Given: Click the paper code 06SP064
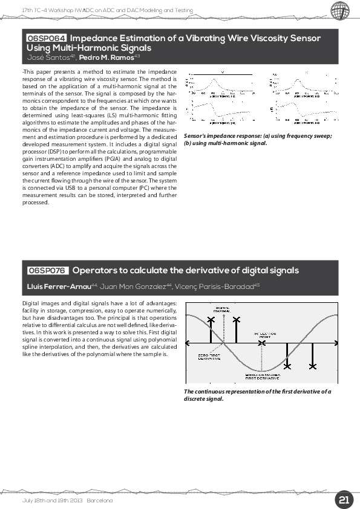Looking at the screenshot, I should tap(46, 38).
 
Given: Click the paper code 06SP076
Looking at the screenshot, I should tap(48, 270).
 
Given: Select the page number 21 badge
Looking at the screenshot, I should tap(344, 500).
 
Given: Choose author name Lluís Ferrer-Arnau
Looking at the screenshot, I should tap(59, 286).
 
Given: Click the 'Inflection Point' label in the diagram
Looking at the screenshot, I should tap(264, 334).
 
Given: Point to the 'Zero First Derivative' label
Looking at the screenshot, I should tap(209, 357).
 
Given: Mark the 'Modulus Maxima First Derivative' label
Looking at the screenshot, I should tap(262, 377).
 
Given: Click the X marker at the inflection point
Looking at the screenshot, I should tap(261, 343).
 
